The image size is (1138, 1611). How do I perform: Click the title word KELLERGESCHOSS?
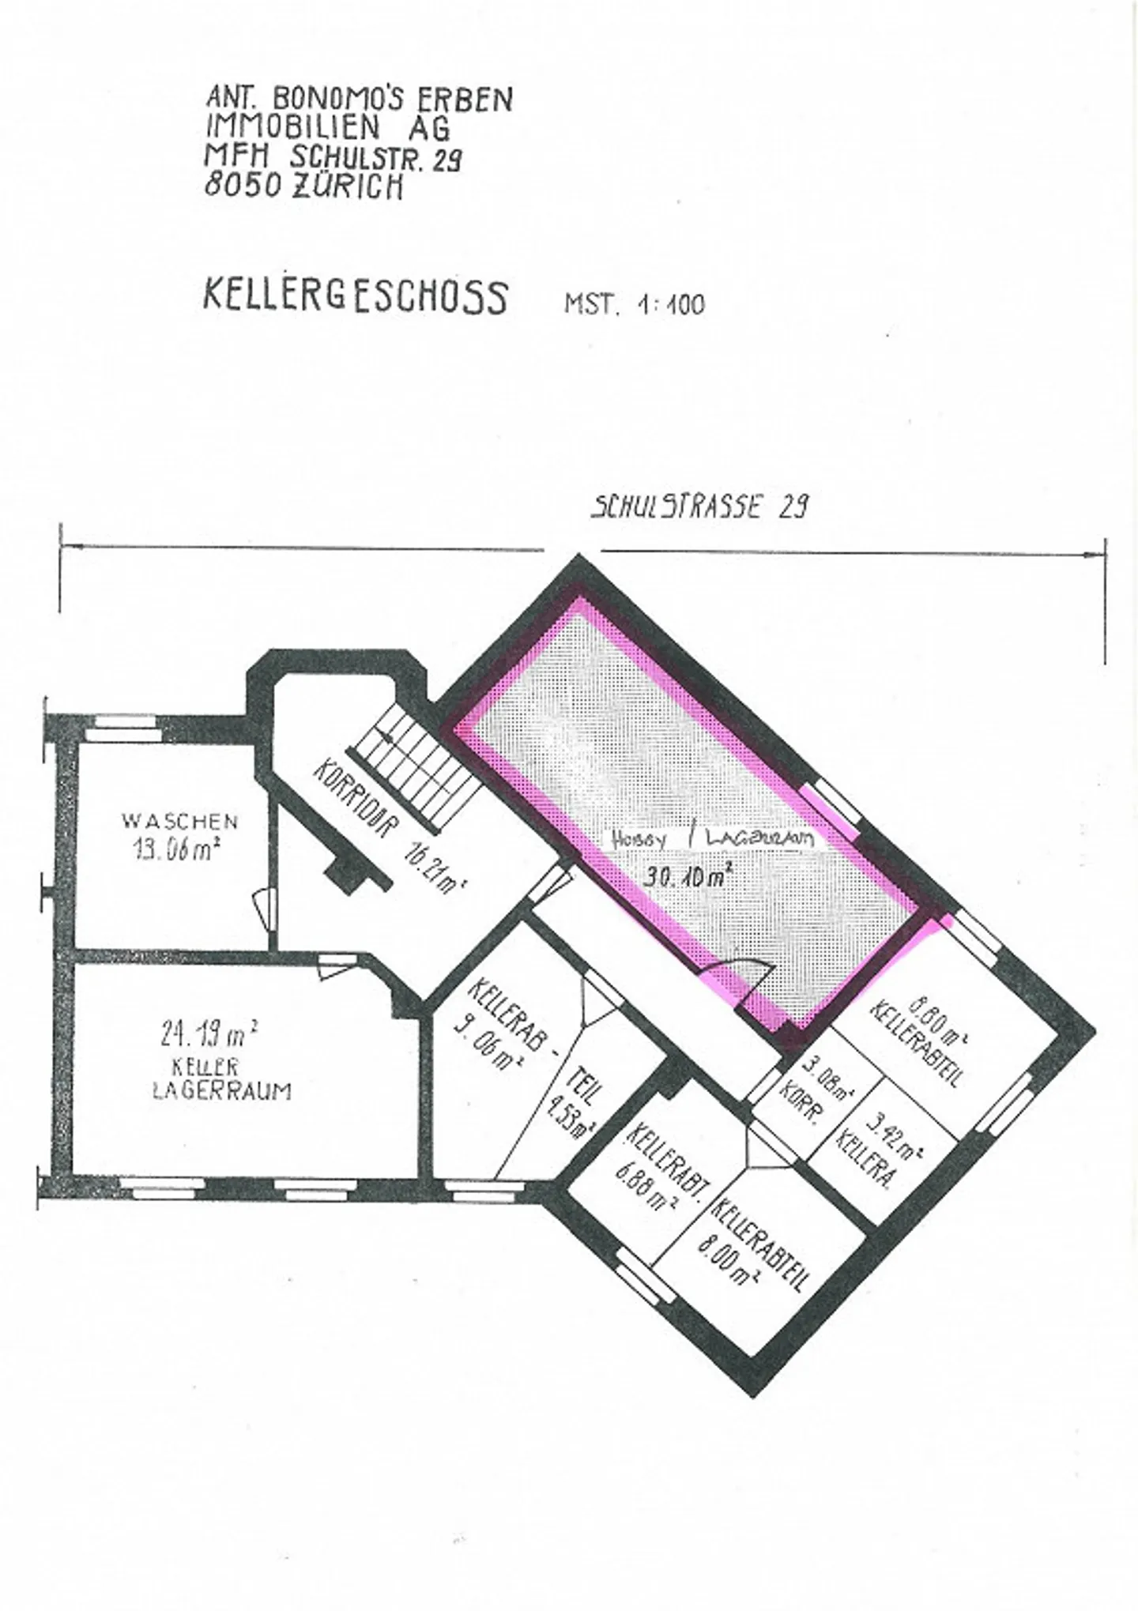(x=355, y=297)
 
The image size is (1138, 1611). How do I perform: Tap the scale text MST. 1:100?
(x=634, y=304)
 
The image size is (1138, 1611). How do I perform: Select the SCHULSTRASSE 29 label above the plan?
(x=699, y=506)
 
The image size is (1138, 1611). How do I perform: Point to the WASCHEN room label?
(x=179, y=820)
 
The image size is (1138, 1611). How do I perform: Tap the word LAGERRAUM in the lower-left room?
(x=221, y=1091)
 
